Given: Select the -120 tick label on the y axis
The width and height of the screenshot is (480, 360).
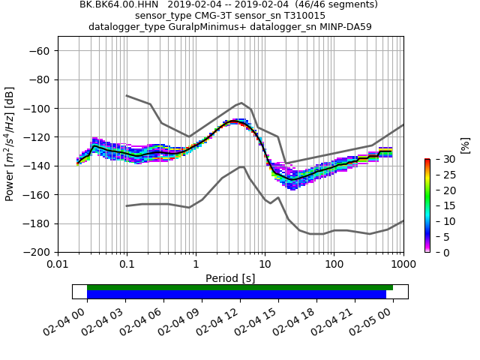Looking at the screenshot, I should point(37,137).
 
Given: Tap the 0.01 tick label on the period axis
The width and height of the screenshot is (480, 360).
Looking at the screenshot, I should point(58,265).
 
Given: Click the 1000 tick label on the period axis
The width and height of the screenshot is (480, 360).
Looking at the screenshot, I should point(403,265).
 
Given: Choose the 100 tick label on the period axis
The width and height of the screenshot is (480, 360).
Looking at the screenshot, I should point(334,265).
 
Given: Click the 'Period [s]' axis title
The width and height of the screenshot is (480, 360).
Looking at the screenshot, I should point(230,278).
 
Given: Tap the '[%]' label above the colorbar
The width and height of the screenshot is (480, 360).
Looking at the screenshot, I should point(464,144).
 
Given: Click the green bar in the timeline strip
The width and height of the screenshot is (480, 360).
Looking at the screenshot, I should point(240,287).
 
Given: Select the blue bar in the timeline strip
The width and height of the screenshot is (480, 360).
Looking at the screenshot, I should point(236,295).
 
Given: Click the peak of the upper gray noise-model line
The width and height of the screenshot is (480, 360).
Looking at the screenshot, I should point(241,103).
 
